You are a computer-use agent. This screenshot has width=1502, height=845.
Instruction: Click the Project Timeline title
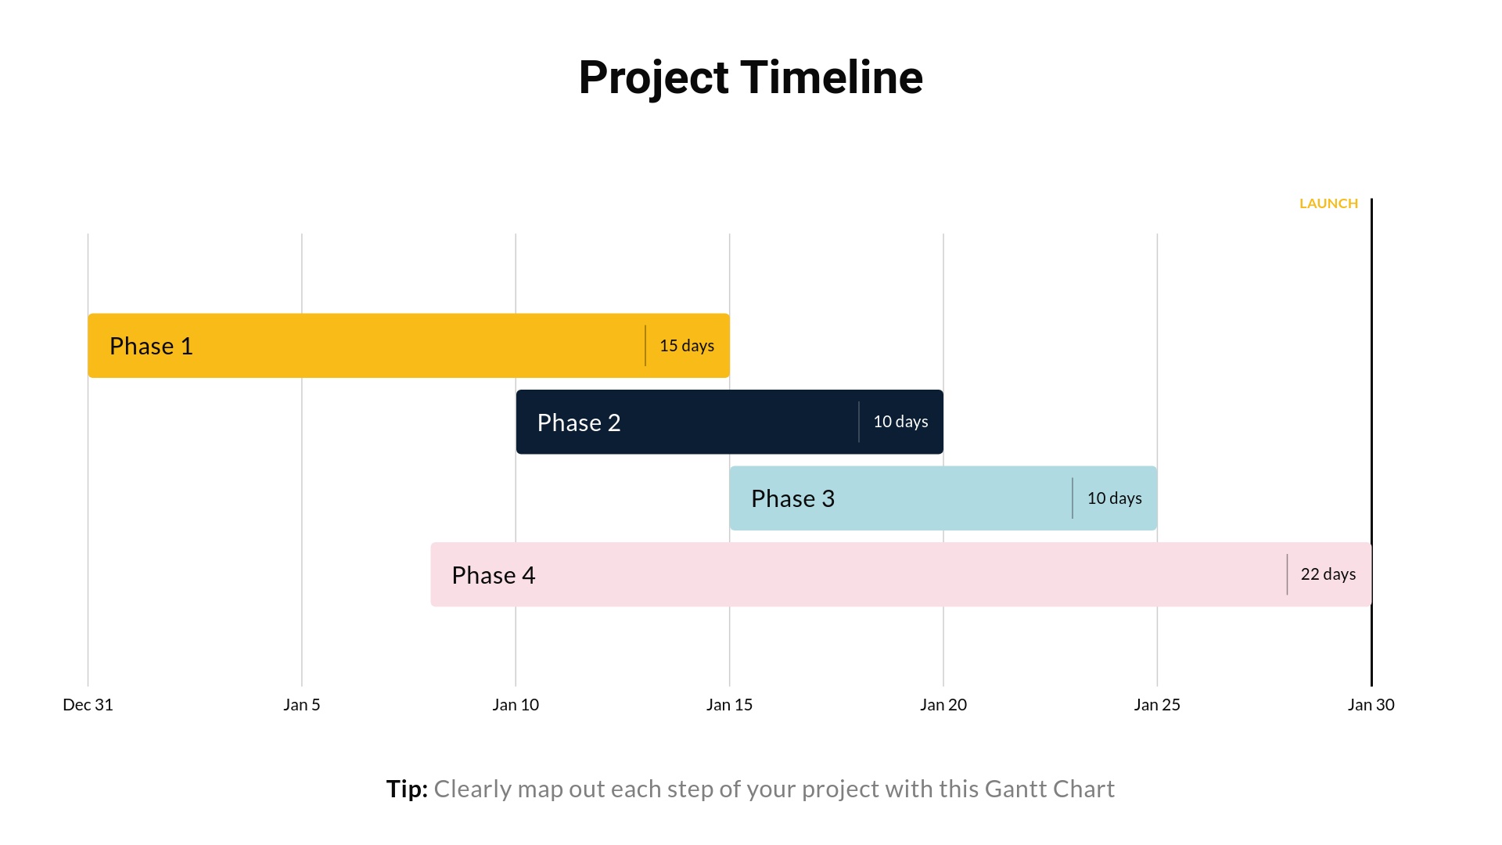click(x=750, y=77)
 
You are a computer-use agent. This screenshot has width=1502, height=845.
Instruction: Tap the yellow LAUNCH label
click(x=1328, y=203)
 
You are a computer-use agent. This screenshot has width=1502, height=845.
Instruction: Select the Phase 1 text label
click(x=151, y=346)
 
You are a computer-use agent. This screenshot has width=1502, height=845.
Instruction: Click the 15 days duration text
click(x=686, y=346)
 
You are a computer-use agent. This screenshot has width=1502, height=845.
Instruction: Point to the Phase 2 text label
click(x=578, y=422)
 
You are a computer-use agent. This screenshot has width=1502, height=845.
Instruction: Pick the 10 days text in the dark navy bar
click(x=900, y=422)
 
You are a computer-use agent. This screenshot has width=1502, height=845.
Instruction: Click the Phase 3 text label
click(x=792, y=498)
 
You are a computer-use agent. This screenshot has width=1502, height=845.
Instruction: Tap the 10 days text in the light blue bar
click(x=1114, y=498)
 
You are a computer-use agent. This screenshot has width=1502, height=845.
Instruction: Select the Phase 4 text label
click(x=493, y=575)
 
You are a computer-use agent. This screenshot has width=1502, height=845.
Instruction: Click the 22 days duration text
click(x=1328, y=574)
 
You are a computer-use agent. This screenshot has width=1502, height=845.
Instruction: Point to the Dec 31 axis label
click(x=88, y=705)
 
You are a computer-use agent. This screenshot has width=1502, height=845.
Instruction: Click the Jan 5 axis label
click(x=301, y=705)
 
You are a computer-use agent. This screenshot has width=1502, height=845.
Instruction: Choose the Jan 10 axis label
click(x=516, y=705)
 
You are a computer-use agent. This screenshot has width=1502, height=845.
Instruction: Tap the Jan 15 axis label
click(x=729, y=705)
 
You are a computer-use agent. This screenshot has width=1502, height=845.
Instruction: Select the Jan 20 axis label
click(x=943, y=705)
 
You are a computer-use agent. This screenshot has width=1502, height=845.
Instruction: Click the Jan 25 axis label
click(x=1157, y=705)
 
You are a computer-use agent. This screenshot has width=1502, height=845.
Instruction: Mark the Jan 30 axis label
click(x=1371, y=705)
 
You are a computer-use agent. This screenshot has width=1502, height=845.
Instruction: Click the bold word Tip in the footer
click(x=406, y=789)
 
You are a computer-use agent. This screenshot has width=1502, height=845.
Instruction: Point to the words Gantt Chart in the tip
click(x=1049, y=789)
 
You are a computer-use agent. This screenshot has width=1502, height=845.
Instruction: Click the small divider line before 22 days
click(x=1287, y=574)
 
